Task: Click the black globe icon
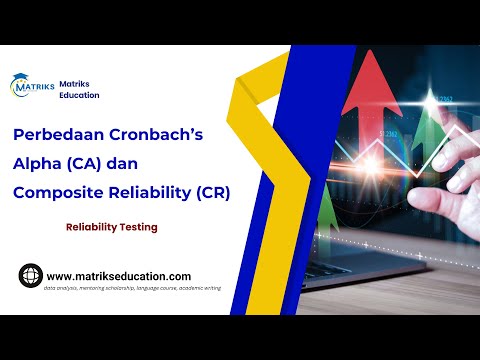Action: coord(30,275)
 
